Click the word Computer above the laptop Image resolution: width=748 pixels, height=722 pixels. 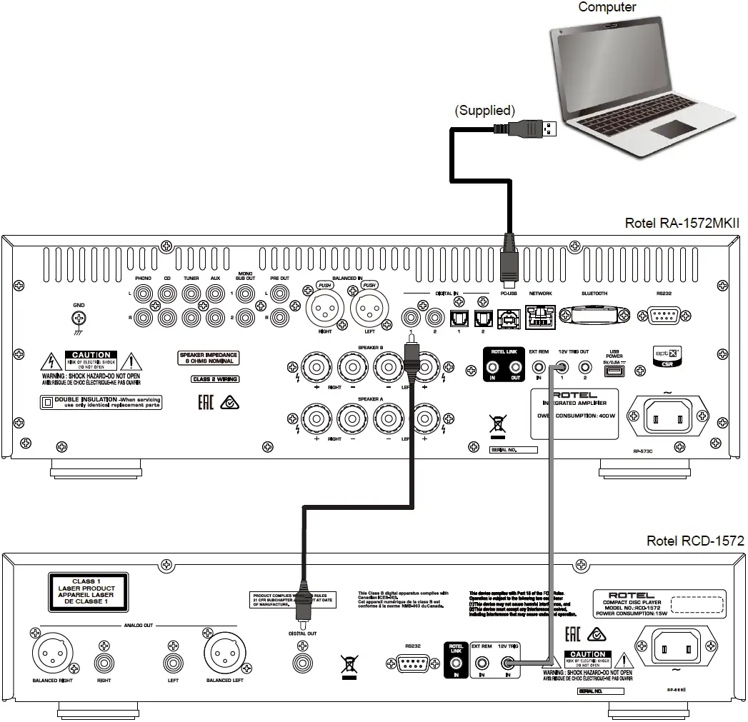(607, 7)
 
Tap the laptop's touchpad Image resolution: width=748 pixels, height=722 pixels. (672, 129)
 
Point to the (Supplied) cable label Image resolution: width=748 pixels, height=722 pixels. (485, 110)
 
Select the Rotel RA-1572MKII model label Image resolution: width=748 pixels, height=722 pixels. (682, 224)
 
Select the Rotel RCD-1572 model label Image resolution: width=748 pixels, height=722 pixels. (694, 541)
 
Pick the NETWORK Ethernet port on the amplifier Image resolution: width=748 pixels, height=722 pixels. (541, 315)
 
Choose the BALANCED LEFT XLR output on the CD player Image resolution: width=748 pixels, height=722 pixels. (224, 652)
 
